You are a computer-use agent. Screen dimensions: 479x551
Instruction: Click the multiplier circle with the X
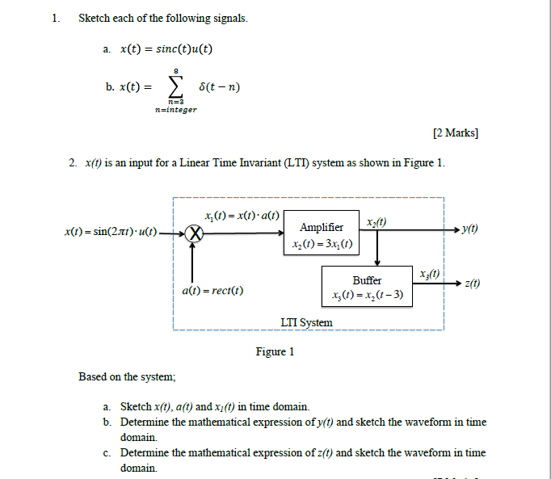tap(192, 234)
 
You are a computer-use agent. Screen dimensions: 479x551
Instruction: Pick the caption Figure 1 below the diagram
tap(275, 351)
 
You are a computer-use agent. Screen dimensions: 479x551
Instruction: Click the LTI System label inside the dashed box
tap(306, 322)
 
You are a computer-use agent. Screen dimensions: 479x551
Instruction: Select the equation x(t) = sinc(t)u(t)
tap(166, 49)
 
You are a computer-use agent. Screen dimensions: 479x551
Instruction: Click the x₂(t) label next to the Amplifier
tap(376, 222)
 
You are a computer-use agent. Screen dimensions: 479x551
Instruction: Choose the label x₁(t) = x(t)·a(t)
tap(242, 215)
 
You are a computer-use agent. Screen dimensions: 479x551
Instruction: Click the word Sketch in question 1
tap(95, 18)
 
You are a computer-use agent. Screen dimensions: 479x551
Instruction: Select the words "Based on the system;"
tap(127, 376)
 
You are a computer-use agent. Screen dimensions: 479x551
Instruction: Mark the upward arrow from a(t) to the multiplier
tap(192, 263)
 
